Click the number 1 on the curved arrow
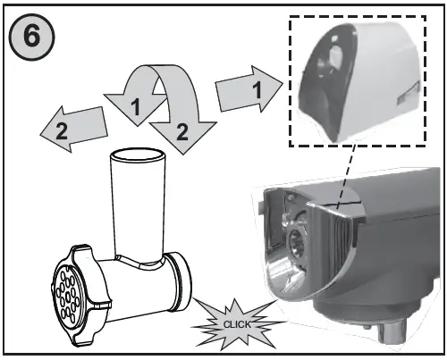click(x=137, y=107)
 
